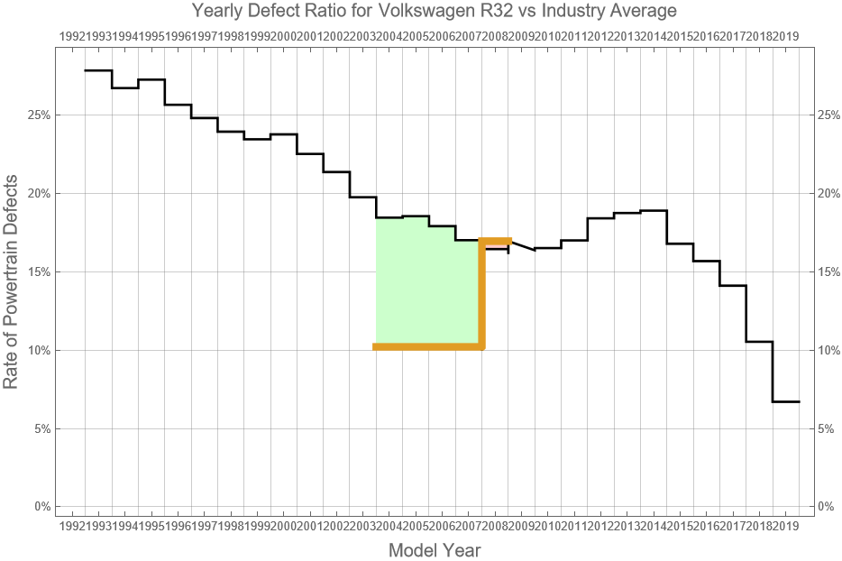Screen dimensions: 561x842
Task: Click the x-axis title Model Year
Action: point(434,549)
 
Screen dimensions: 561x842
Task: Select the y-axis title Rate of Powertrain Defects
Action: point(12,295)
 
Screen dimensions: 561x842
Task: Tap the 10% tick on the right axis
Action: point(828,350)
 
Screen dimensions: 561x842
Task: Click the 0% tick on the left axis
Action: point(41,507)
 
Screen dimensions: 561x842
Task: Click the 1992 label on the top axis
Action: point(72,36)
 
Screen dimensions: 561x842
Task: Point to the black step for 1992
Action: point(98,70)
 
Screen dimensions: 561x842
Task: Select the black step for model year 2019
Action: point(786,401)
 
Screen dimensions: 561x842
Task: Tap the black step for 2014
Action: point(654,210)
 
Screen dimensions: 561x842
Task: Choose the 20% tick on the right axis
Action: point(828,194)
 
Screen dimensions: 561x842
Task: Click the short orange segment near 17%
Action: point(497,241)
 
